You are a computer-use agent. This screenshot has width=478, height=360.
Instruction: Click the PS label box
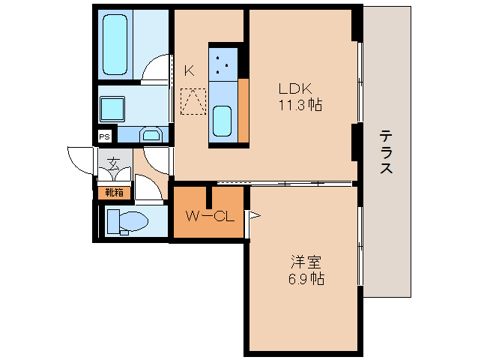tap(104, 137)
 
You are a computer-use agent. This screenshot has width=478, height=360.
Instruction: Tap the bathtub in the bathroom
tap(115, 45)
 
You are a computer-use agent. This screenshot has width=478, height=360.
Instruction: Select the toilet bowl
tap(133, 220)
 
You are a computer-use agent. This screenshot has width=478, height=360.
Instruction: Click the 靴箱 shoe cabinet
tap(115, 193)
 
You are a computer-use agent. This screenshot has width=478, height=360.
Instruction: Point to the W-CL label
tap(210, 216)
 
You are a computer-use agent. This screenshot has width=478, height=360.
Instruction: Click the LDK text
tap(295, 88)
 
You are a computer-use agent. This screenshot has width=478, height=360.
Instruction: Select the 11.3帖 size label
tap(300, 105)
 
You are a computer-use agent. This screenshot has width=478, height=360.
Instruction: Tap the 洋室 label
tap(306, 262)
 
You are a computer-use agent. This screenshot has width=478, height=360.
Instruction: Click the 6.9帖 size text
tap(306, 279)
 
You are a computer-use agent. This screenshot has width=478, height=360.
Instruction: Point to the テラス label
tap(386, 151)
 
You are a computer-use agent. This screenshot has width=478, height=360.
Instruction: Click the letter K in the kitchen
tap(190, 71)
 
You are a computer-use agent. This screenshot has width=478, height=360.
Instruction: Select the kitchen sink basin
tap(222, 121)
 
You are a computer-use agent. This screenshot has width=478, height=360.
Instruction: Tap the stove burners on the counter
tap(223, 64)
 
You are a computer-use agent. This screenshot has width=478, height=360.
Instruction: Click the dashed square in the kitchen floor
tap(193, 101)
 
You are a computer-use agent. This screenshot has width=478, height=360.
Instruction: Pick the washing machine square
tap(112, 109)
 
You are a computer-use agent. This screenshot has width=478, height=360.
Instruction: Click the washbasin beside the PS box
tap(151, 134)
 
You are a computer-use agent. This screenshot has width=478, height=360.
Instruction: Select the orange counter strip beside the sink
tap(243, 110)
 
